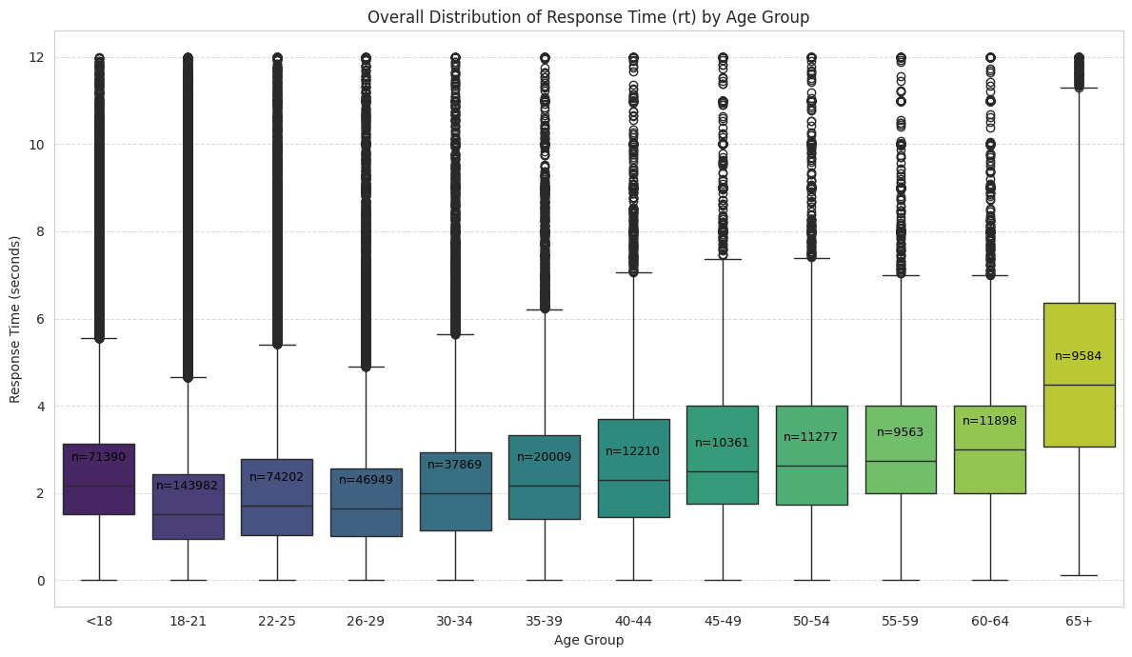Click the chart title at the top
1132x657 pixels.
[587, 17]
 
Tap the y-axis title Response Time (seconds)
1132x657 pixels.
[15, 319]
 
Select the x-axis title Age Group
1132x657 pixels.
[588, 640]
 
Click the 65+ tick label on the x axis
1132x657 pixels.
[1079, 621]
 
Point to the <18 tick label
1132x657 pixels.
[99, 621]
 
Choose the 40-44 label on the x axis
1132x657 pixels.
[633, 621]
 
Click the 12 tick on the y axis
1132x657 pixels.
[36, 57]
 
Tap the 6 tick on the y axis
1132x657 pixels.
[40, 319]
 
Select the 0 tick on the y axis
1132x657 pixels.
[40, 580]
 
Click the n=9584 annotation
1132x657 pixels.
[1079, 356]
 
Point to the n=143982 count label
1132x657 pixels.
[189, 486]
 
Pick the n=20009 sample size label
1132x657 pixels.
[545, 457]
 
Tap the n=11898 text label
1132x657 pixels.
[990, 421]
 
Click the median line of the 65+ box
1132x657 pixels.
[1079, 385]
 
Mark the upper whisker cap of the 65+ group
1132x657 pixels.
[1079, 88]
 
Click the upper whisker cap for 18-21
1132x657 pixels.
[189, 377]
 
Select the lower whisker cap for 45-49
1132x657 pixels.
[723, 580]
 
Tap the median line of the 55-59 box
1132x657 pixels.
[901, 461]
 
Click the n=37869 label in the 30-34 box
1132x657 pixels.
[455, 465]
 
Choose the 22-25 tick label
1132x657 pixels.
[277, 621]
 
